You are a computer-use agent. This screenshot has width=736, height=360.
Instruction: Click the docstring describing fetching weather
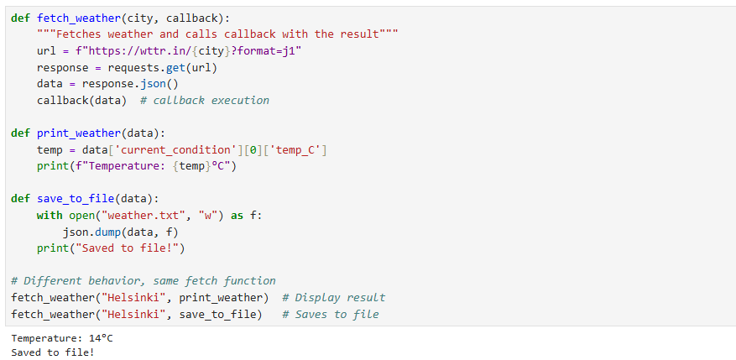coord(218,34)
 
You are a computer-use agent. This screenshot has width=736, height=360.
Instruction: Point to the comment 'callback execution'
coord(205,101)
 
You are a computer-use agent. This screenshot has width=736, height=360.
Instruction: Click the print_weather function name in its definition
coord(79,133)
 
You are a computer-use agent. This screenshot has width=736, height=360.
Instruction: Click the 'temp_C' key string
coord(295,150)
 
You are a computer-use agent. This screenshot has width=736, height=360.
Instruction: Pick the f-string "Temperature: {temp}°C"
coord(153,167)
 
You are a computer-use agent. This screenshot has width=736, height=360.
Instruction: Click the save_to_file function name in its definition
coord(76,199)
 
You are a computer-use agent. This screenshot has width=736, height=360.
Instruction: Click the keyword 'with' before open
coord(50,216)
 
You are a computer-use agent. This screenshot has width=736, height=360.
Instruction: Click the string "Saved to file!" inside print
coord(130,248)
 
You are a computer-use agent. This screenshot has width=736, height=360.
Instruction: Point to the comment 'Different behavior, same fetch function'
coord(144,281)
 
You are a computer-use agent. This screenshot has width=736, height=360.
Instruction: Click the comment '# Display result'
coord(334,298)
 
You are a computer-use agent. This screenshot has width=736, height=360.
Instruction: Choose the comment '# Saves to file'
coord(331,315)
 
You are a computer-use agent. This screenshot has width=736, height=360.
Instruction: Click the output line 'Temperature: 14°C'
coord(62,338)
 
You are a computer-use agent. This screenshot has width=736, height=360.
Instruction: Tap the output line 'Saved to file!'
coord(53,352)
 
